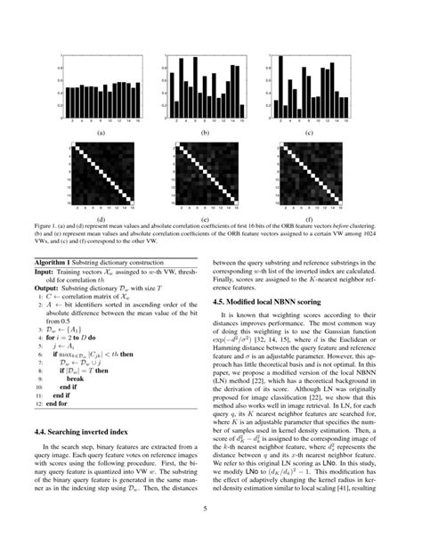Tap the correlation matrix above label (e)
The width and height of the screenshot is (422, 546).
coord(205,179)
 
